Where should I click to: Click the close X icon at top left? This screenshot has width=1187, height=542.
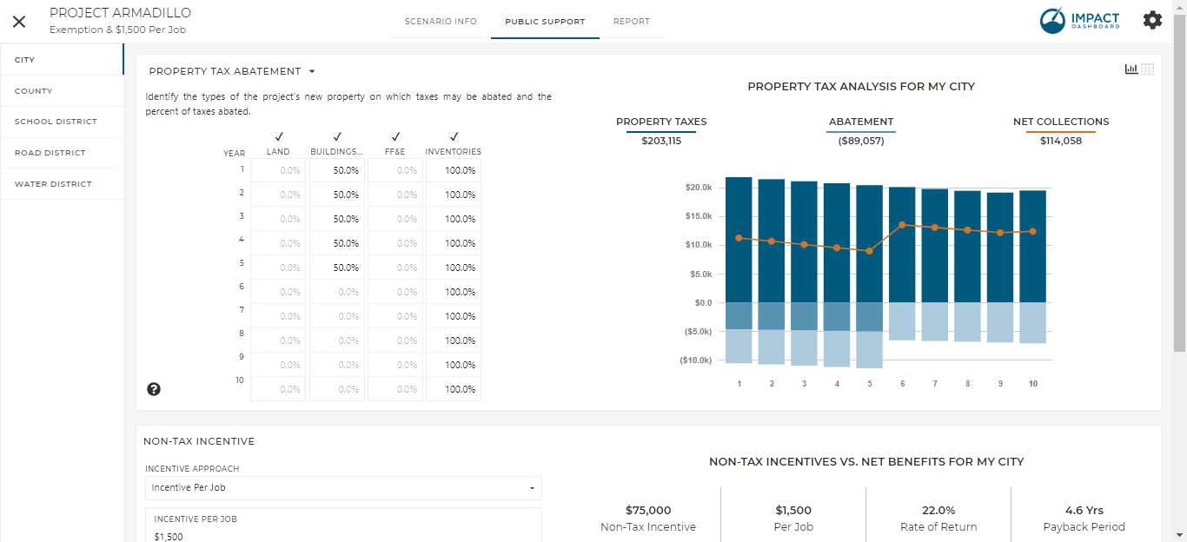tap(19, 22)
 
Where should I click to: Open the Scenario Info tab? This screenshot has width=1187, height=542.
tap(441, 22)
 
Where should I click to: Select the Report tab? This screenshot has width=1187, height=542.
tap(631, 22)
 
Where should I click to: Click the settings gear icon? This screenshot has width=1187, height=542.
tap(1152, 21)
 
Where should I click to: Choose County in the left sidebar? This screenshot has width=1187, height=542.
tap(33, 91)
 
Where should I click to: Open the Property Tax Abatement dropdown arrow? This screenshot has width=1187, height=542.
tap(312, 72)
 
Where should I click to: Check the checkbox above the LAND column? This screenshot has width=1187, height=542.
tap(278, 137)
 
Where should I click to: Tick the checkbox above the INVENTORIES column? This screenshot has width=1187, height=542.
tap(454, 137)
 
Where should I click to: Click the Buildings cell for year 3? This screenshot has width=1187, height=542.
tap(336, 219)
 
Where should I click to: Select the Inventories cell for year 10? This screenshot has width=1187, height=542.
tap(454, 389)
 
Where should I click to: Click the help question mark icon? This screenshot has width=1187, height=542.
tap(154, 389)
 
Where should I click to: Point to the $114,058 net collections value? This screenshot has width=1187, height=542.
tap(1060, 141)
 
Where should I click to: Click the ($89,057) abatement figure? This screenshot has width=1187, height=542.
tap(860, 141)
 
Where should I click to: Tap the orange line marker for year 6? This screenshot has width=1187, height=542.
tap(902, 225)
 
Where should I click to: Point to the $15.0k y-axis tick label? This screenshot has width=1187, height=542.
tap(699, 216)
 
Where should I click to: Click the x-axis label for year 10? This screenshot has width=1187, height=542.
tap(1033, 383)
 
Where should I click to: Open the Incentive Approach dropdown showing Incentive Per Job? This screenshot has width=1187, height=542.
tap(343, 488)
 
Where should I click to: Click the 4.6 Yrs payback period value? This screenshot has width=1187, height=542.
tap(1084, 511)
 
